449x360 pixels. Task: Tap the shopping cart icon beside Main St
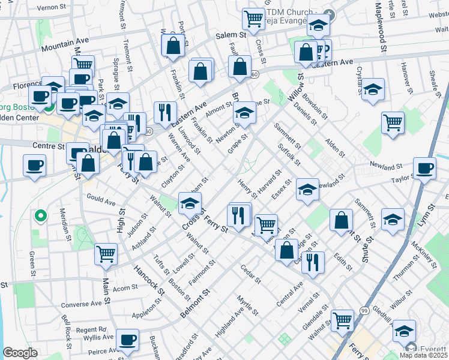106,254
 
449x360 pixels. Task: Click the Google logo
20,353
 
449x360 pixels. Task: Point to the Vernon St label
51,8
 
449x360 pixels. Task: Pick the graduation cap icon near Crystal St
373,90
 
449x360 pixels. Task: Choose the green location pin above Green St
40,215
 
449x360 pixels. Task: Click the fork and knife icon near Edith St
313,262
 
